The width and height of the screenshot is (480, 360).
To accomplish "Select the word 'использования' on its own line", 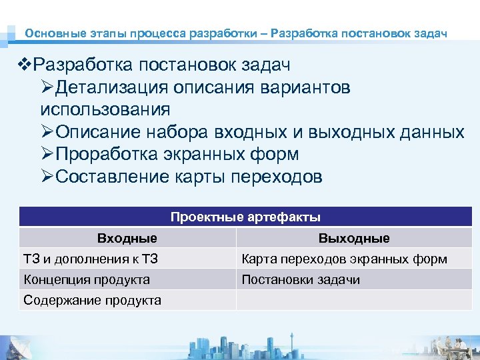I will click(105, 109).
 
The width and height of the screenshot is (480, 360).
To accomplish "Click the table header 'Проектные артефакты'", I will click(245, 217).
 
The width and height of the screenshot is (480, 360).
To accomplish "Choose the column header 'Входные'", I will click(127, 238).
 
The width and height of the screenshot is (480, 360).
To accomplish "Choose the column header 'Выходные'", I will click(354, 238).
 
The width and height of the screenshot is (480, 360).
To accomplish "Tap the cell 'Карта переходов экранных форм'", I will click(344, 259).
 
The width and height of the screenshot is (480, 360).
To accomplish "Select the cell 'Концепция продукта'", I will click(87, 279).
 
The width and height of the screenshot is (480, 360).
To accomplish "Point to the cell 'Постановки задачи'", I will click(301, 279).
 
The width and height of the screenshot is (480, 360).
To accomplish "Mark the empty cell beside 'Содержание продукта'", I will click(354, 300).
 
